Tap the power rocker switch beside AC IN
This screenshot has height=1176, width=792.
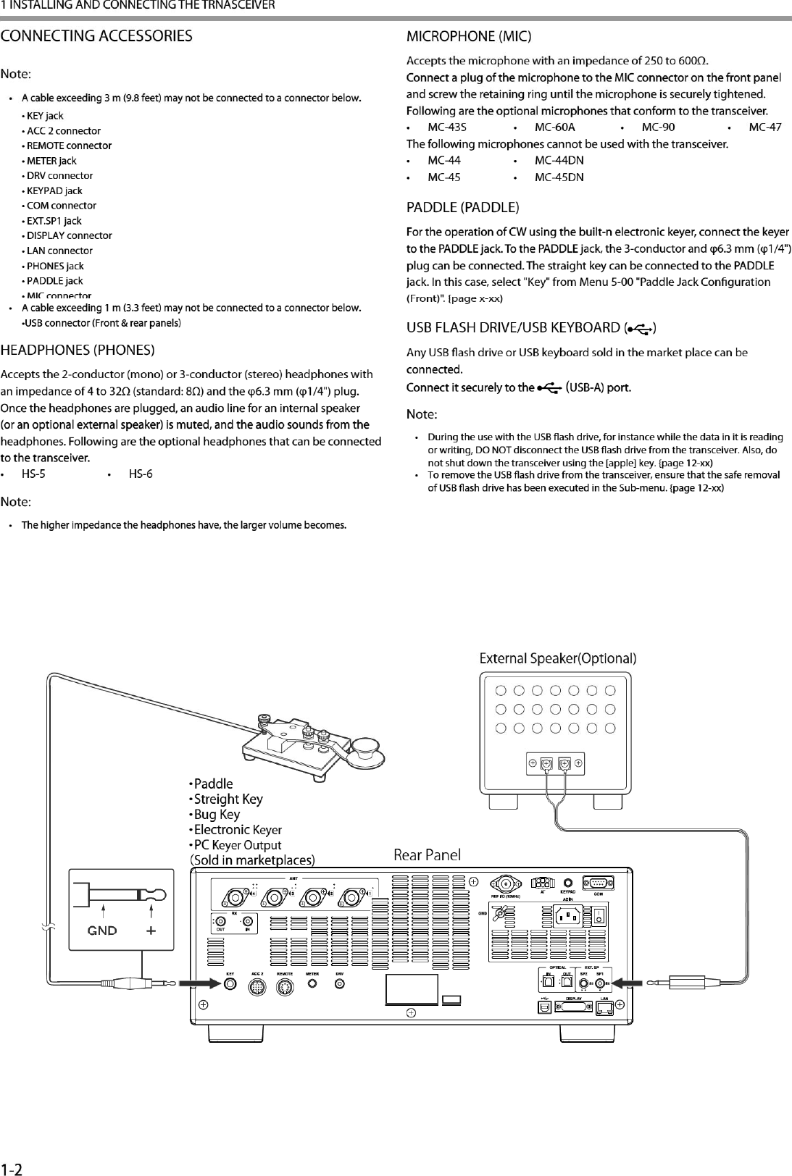(600, 917)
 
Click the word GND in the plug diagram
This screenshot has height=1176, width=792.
(102, 931)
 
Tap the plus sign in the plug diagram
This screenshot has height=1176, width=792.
(151, 931)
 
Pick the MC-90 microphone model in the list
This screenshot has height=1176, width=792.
(659, 127)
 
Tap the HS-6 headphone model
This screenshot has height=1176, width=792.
(141, 474)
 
